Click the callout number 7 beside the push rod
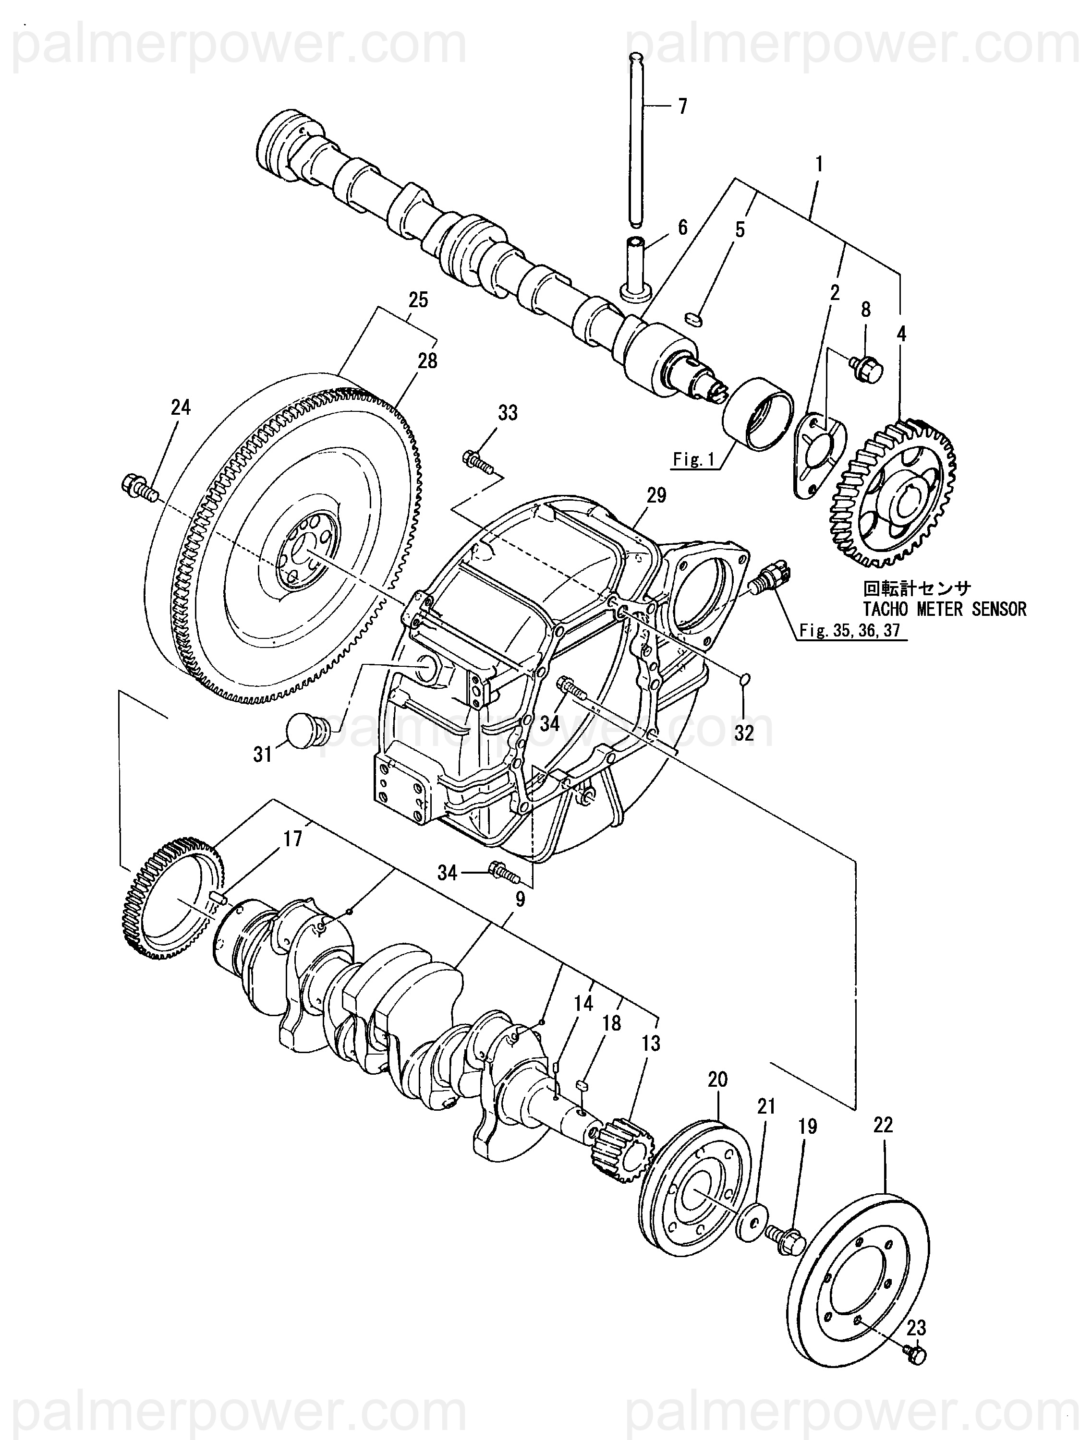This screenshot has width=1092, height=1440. tap(682, 106)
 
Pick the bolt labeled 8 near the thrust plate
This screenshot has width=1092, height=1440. tap(865, 368)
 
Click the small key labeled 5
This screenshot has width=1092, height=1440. tap(694, 318)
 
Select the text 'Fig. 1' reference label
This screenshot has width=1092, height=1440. tap(693, 460)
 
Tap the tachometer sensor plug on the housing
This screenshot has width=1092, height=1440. tap(770, 576)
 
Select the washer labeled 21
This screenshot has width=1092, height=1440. tap(751, 1222)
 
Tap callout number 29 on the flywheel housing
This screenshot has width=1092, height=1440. tap(656, 495)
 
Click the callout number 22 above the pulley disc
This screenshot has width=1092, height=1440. tap(883, 1125)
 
